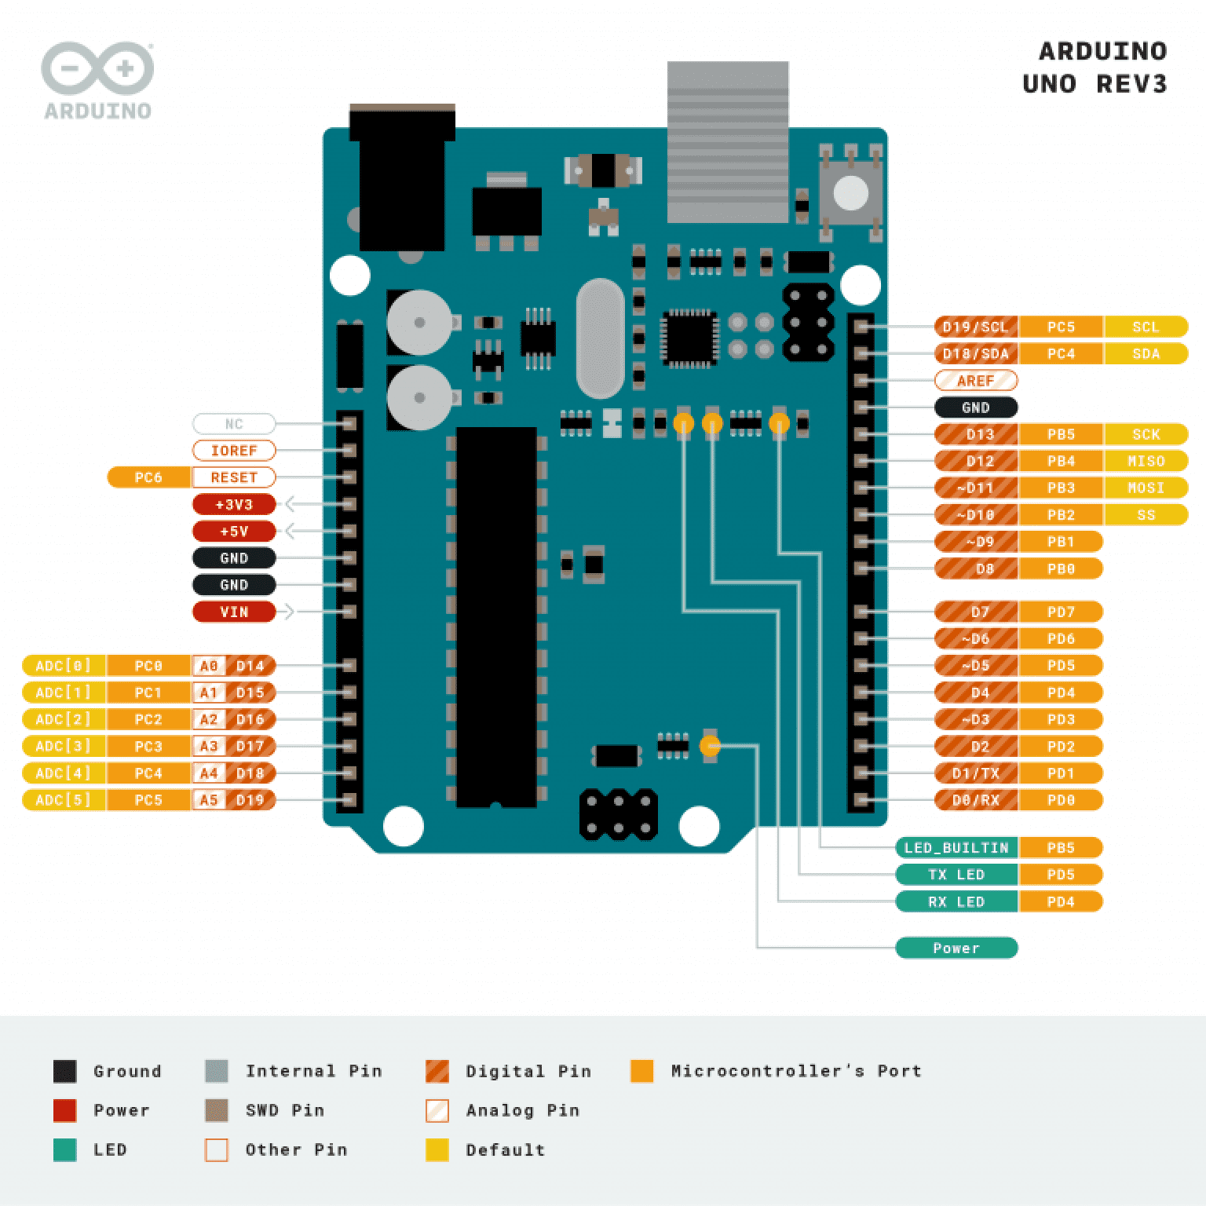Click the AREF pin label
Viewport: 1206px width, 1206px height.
(x=976, y=381)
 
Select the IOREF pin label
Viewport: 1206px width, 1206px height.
(x=234, y=451)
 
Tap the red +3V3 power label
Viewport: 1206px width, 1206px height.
(x=234, y=504)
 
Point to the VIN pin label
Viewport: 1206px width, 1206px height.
(x=234, y=612)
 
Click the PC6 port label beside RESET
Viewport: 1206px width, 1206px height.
(x=148, y=477)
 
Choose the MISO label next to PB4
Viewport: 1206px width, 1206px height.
(x=1146, y=461)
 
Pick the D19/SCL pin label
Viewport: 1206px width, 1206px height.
(x=976, y=327)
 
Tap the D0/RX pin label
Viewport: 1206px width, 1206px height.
(x=976, y=800)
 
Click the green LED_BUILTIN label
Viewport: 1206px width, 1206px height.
(x=956, y=848)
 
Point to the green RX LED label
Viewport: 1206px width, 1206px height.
(x=956, y=901)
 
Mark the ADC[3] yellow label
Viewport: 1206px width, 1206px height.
(x=64, y=746)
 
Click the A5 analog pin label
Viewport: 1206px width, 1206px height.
(x=208, y=800)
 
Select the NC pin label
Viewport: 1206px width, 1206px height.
(x=234, y=424)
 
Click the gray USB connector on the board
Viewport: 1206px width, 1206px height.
(x=727, y=141)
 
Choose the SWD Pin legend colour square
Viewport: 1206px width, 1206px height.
(x=216, y=1110)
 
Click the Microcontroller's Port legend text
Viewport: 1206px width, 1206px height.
(x=795, y=1071)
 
